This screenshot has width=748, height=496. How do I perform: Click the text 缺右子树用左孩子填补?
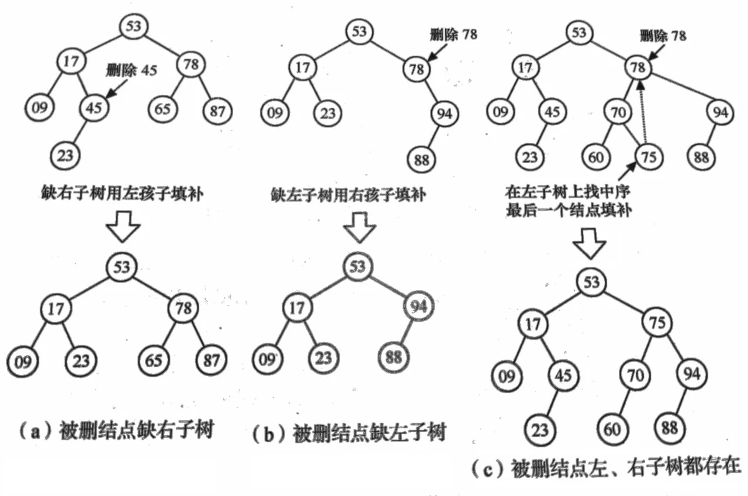point(122,194)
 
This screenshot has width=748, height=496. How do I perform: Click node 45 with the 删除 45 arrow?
point(93,108)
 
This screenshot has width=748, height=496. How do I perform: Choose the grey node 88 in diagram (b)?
point(393,356)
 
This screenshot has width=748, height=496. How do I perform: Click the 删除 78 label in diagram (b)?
point(452,34)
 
